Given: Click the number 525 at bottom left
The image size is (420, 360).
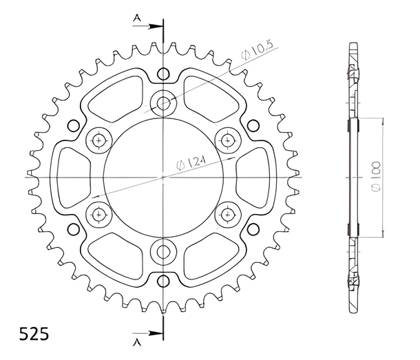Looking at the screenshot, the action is pos(34,334).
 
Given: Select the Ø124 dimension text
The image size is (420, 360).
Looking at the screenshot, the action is pos(191,163).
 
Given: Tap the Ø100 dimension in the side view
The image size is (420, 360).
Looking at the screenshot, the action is pos(376,176).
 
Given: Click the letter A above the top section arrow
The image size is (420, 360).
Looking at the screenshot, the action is pos(137,18).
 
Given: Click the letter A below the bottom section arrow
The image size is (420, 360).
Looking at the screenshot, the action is pos(137,342).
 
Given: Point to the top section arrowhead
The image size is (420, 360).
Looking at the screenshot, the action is pos(156,26).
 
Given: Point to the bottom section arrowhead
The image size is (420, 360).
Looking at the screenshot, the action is pos(156,333).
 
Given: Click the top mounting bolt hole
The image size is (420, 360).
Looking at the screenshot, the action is pos(163,103).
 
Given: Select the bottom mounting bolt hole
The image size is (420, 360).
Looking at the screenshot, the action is pos(163,251).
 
